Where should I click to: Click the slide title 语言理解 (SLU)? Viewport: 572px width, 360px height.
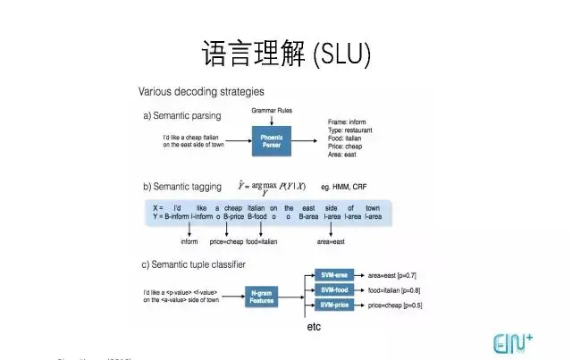point(286,53)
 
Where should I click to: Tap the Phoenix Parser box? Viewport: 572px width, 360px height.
point(270,140)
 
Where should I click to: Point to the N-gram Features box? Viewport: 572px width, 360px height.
point(262,297)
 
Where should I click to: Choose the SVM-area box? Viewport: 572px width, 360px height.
point(334,275)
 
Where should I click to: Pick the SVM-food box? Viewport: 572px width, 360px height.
point(334,289)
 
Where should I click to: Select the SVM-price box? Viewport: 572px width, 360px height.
point(334,306)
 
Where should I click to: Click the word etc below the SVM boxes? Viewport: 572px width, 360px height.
point(315,327)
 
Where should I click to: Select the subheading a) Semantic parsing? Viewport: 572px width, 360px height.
point(182,116)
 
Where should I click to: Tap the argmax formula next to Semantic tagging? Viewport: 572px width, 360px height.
point(272,186)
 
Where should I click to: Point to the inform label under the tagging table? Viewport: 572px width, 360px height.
point(189,241)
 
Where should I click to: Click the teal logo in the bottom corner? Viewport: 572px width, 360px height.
point(513,343)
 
